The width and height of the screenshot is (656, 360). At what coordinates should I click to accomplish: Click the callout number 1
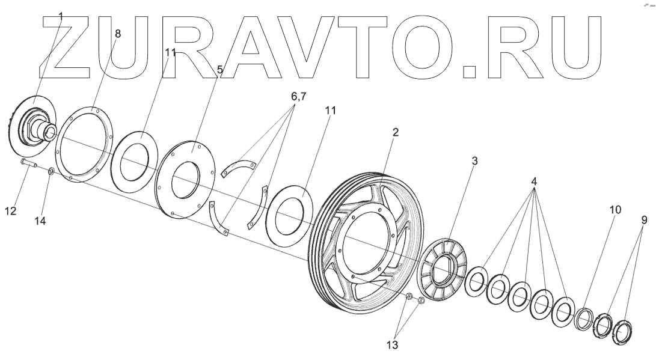[x=61, y=18]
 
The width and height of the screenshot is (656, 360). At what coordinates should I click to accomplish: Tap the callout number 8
[x=117, y=34]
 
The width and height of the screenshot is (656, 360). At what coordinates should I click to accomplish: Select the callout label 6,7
[x=295, y=96]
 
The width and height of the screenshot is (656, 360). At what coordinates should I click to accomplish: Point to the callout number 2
[x=394, y=132]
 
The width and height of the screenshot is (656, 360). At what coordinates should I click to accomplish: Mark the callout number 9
[x=644, y=221]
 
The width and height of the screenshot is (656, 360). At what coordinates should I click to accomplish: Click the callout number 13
[x=391, y=345]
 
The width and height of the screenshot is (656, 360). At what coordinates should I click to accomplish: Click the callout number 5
[x=220, y=70]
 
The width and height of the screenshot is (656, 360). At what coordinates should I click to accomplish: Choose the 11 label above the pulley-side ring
[x=330, y=111]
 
